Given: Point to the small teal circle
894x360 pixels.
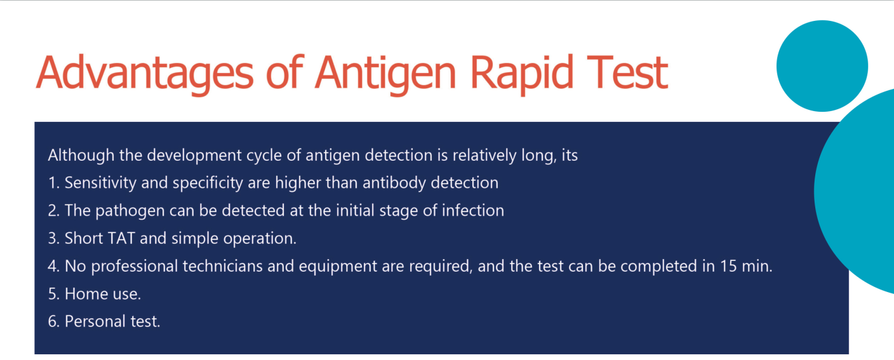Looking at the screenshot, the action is pyautogui.click(x=822, y=66).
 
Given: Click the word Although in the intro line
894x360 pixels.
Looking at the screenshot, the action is pyautogui.click(x=81, y=156).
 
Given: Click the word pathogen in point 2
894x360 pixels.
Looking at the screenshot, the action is pyautogui.click(x=130, y=211).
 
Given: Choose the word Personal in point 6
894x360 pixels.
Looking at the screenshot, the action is pyautogui.click(x=90, y=321).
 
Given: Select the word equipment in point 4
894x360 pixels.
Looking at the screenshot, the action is pyautogui.click(x=338, y=267).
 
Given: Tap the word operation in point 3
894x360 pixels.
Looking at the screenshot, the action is pyautogui.click(x=260, y=239).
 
